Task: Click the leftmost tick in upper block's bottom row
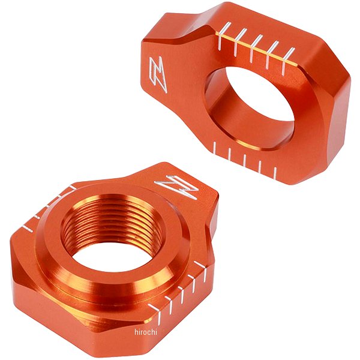[x=214, y=148]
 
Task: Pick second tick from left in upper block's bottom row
[x=230, y=155]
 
